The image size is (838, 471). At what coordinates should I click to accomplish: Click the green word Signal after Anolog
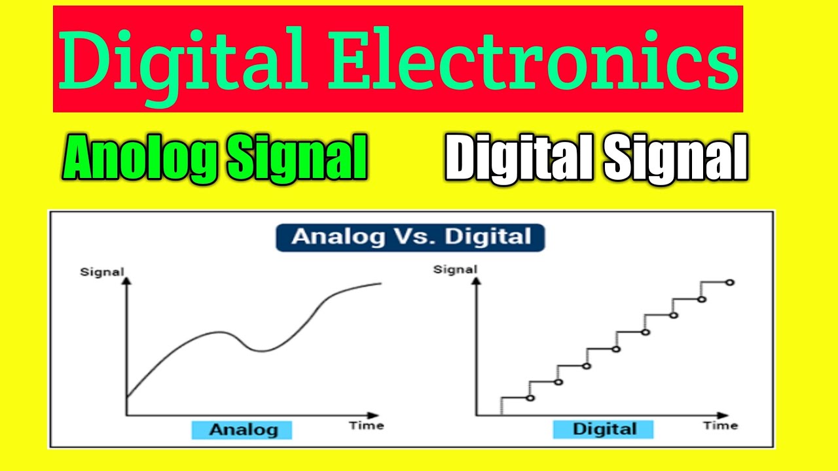[296, 158]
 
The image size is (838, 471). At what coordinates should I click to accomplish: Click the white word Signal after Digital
[675, 158]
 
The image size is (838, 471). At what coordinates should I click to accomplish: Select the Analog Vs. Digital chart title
[410, 237]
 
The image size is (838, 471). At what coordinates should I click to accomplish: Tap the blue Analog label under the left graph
[242, 430]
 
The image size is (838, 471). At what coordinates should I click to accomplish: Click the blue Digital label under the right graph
[604, 429]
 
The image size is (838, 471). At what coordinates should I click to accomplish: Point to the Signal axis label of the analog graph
[101, 271]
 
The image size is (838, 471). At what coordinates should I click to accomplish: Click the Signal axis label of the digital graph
[455, 269]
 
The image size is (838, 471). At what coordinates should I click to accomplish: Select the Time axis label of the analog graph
[366, 426]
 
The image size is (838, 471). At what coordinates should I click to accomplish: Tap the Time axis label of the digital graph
[720, 426]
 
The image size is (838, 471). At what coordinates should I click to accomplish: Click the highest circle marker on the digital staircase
[730, 283]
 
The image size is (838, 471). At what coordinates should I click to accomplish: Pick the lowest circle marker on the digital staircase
[530, 398]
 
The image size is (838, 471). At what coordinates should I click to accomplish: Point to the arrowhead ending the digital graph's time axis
[723, 415]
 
